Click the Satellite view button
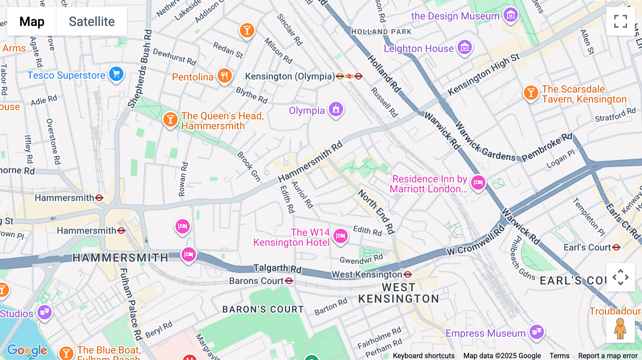pos(92,21)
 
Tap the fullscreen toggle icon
pos(620,21)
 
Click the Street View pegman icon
pos(620,329)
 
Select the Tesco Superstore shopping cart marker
pos(116,74)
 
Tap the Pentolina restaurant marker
pos(224,76)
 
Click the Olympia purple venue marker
pos(336,109)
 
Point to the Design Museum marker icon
pos(511,15)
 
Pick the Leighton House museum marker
pos(465,47)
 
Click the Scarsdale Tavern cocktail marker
pos(531,93)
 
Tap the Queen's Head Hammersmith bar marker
pos(170,119)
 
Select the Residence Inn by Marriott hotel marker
pos(478,182)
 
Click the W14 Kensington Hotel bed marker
pos(340,236)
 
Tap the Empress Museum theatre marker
pos(536,332)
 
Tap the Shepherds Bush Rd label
pos(140,70)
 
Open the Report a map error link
pos(608,356)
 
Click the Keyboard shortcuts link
pos(423,356)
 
